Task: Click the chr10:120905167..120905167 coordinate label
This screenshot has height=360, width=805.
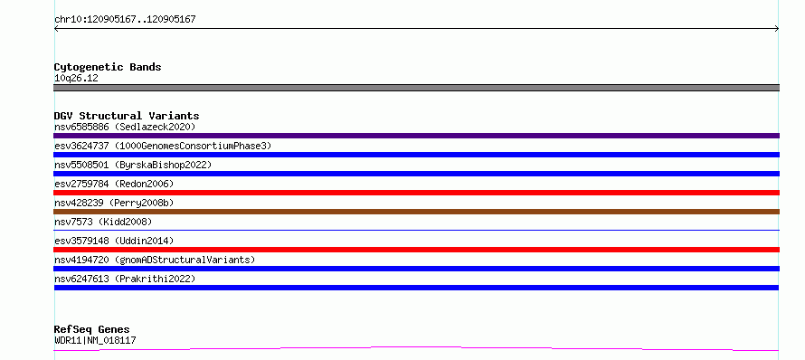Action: (x=125, y=20)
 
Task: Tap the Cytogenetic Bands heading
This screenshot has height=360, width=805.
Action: (x=108, y=67)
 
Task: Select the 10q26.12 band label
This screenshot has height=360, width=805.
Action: (x=76, y=79)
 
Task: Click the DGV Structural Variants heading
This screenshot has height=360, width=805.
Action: (x=127, y=116)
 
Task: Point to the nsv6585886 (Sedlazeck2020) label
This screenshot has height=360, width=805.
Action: (x=125, y=127)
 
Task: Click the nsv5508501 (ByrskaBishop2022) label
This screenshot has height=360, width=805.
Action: (x=133, y=165)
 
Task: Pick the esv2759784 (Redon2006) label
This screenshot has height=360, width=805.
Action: (x=114, y=184)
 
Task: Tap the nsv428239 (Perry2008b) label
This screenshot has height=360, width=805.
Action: (x=114, y=203)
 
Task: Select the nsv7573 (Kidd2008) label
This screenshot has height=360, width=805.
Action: (x=103, y=222)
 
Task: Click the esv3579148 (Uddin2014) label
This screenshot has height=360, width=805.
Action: (x=114, y=241)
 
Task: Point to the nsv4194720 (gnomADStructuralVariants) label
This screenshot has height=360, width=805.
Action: (x=155, y=260)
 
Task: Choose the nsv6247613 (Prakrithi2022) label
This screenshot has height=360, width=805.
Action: (x=125, y=279)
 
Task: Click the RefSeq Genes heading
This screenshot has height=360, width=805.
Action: (x=92, y=329)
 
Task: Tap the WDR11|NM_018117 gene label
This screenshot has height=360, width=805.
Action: (x=95, y=340)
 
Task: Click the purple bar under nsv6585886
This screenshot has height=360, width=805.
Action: (x=416, y=136)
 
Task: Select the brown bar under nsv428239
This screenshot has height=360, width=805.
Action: (x=416, y=212)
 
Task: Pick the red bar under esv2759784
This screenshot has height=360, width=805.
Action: (x=416, y=193)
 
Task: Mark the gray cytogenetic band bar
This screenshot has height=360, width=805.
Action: (x=416, y=88)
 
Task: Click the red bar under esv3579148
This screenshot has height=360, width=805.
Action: (x=416, y=250)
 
